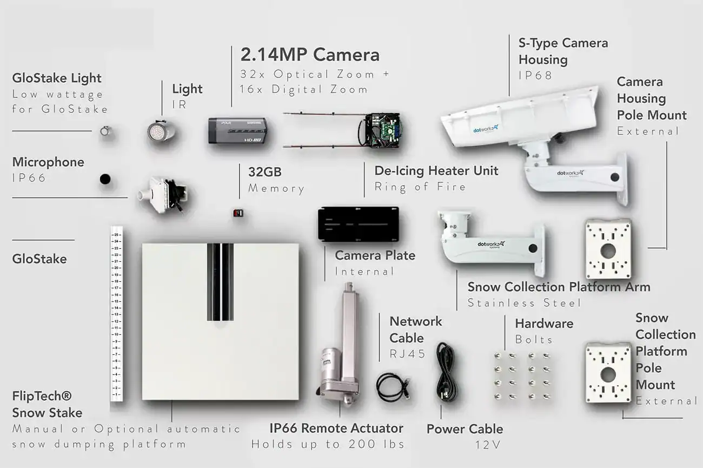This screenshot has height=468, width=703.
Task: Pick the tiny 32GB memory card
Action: coord(238,213)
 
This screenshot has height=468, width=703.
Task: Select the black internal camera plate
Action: coord(358,224)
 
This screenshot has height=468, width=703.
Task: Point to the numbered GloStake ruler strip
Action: coord(116,314)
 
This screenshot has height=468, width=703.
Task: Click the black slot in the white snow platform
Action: coord(220,281)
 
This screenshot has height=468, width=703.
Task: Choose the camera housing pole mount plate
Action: coord(608,249)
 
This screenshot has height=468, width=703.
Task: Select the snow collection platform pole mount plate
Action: coord(608,373)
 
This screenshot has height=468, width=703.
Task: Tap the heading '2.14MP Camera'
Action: coord(310,55)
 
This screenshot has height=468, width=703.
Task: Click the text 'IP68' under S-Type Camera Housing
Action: coord(535,76)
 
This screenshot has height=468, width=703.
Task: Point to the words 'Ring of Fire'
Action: coord(420,187)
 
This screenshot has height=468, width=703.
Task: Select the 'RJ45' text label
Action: coord(408,354)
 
